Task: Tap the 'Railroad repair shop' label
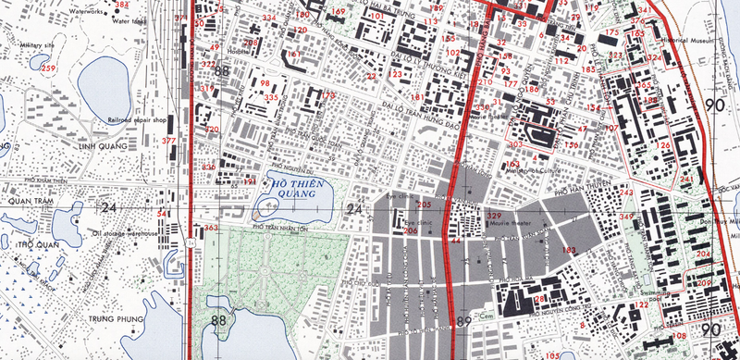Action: [x=138, y=120]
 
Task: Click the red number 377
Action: [x=168, y=141]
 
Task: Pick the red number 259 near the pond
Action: [x=48, y=69]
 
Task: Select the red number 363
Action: [x=211, y=228]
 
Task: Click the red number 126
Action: [x=662, y=146]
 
